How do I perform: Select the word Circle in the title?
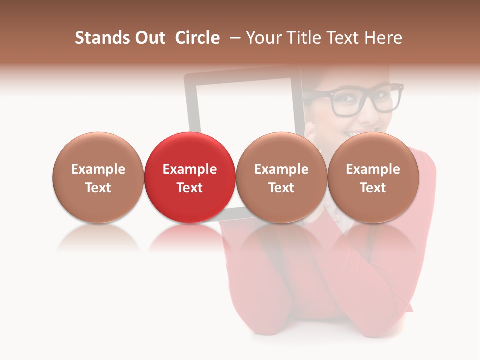click(x=197, y=38)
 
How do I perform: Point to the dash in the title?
click(x=236, y=38)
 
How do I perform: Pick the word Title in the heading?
click(x=304, y=38)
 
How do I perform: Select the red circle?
click(x=189, y=150)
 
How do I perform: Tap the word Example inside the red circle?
click(x=190, y=169)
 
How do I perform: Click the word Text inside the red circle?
click(x=190, y=188)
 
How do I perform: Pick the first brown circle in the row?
click(x=98, y=150)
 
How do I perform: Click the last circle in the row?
click(x=373, y=150)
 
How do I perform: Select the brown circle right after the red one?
click(x=281, y=150)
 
